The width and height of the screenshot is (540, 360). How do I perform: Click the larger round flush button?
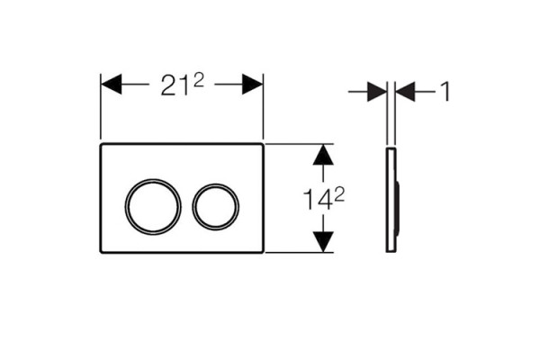[125, 207]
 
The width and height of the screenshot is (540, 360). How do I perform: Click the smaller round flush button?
[193, 207]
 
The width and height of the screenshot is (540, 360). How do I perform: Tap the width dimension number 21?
[175, 85]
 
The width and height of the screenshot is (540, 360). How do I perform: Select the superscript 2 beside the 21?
[198, 81]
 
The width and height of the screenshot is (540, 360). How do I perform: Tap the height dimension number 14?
[318, 200]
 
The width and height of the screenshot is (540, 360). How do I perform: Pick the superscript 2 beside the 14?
[339, 195]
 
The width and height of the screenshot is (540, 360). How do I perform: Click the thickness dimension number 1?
[445, 92]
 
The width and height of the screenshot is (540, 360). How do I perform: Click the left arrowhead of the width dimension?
[111, 84]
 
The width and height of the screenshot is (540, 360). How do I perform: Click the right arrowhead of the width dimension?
[252, 84]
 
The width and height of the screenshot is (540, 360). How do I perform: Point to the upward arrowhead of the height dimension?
[323, 155]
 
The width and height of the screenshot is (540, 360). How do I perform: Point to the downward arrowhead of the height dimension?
[323, 242]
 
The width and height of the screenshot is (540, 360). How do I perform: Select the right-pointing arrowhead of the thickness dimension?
[377, 92]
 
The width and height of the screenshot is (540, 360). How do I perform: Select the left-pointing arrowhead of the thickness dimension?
[405, 92]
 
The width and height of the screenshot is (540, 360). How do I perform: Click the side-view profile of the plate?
[387, 200]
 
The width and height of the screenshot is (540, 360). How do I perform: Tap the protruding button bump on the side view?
[398, 208]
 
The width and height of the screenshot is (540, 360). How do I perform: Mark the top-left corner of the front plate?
[101, 144]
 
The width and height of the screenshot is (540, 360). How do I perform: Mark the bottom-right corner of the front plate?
[263, 252]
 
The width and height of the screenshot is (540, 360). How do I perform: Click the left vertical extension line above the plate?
[101, 107]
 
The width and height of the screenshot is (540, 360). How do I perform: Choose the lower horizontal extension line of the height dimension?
[300, 253]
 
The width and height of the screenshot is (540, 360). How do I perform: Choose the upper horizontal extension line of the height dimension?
[300, 144]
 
